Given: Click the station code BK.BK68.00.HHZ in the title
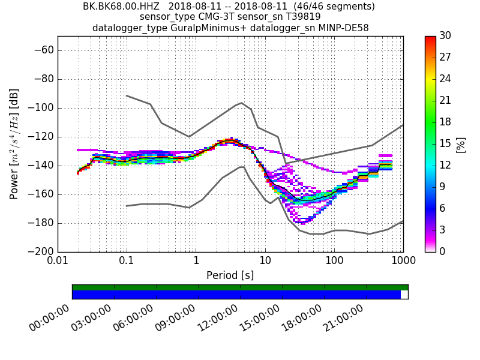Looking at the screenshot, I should (121, 7).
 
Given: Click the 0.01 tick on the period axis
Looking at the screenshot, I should (58, 261).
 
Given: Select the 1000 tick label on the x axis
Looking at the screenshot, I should (403, 261).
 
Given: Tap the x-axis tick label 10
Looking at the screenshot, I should (265, 261).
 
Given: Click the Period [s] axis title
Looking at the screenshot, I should (230, 275).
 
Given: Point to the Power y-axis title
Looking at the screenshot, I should (14, 144).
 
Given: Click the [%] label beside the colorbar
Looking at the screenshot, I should (461, 144).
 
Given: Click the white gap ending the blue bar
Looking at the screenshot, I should (404, 295).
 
